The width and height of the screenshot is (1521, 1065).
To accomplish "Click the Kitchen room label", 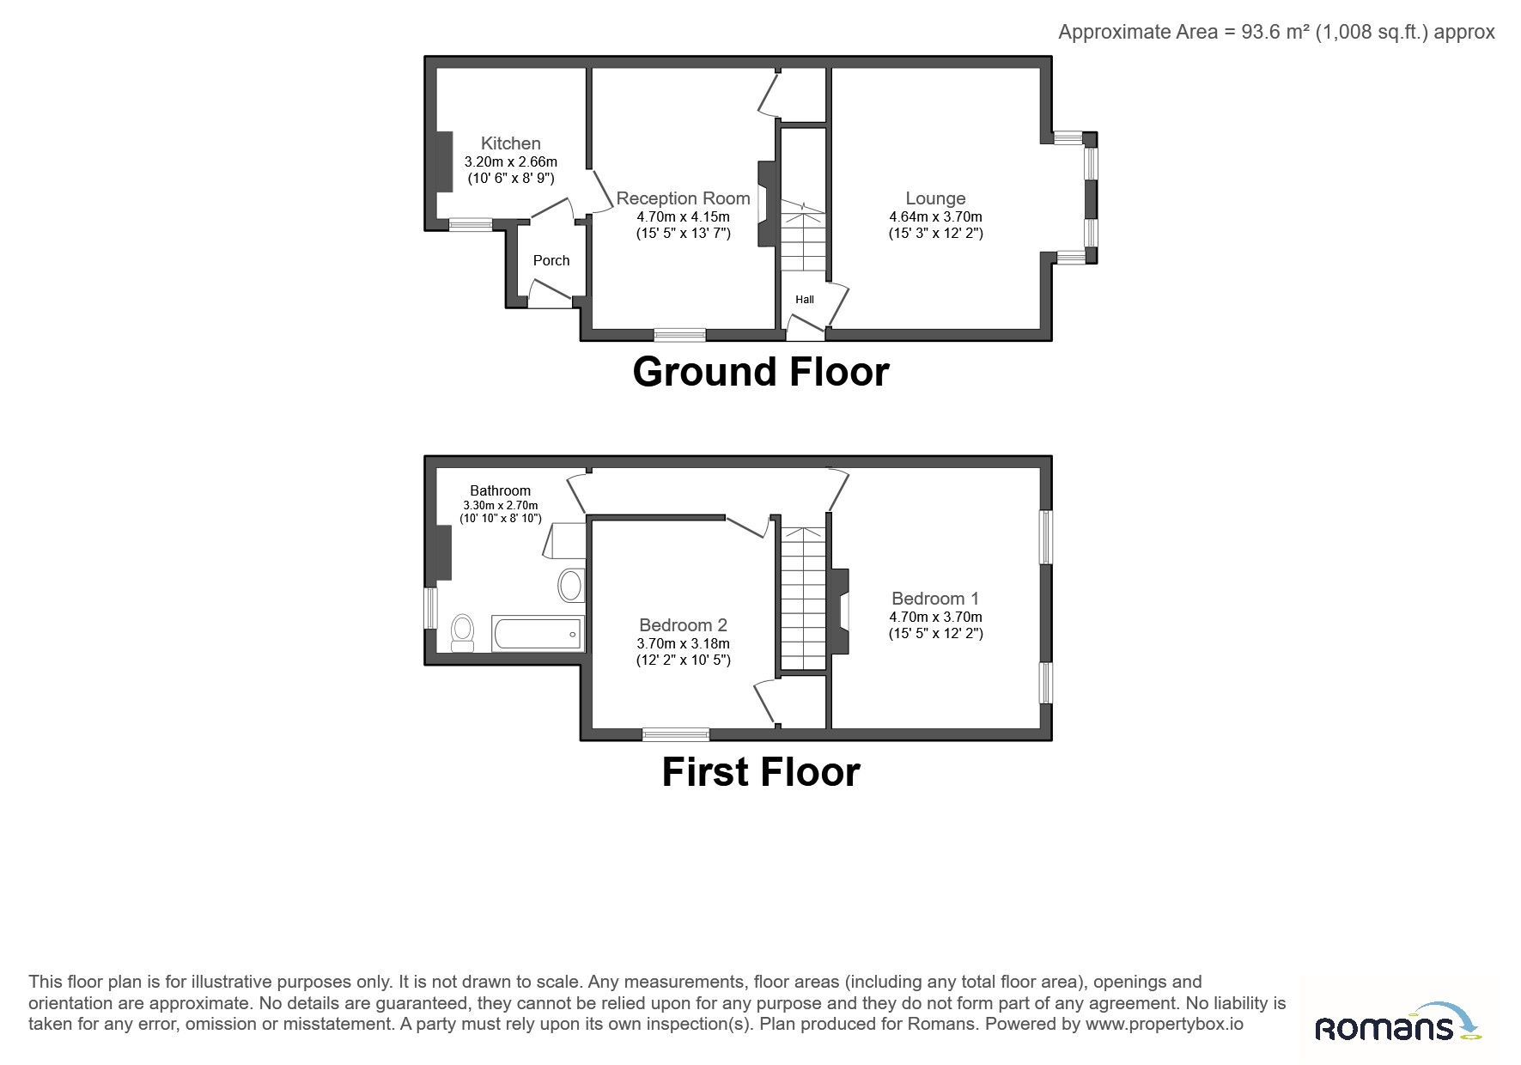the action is [x=510, y=143].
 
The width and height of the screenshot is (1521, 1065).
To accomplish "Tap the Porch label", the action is [x=551, y=260].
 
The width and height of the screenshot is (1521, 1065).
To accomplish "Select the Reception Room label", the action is [x=684, y=198].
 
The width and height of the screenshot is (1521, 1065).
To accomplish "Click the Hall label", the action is [x=805, y=300].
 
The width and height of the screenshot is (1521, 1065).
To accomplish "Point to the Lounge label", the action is [x=935, y=198].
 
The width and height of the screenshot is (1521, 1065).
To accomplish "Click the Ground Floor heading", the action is [x=761, y=372].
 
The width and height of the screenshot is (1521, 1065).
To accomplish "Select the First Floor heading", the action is [x=761, y=771].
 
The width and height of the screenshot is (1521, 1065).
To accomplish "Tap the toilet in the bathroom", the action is [x=462, y=633].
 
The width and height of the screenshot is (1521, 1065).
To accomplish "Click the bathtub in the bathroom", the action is [x=538, y=633].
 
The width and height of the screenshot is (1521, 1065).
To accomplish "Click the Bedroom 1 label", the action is [x=935, y=599].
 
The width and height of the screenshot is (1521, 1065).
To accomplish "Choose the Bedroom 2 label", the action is [x=684, y=625].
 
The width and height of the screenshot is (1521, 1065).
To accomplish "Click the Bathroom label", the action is [x=500, y=490].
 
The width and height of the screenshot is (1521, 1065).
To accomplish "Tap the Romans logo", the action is [x=1398, y=1023].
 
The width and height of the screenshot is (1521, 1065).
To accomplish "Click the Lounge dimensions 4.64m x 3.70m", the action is [x=935, y=217].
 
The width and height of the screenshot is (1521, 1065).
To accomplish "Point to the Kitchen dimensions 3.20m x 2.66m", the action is [x=510, y=161].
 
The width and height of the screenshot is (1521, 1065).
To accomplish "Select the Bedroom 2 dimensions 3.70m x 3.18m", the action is [x=684, y=643].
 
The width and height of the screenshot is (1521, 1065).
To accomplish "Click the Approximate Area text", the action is [x=1276, y=32].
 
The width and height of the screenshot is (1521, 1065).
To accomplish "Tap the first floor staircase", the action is [x=803, y=599].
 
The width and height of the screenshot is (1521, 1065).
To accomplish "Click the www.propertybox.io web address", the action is [x=1164, y=1024].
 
